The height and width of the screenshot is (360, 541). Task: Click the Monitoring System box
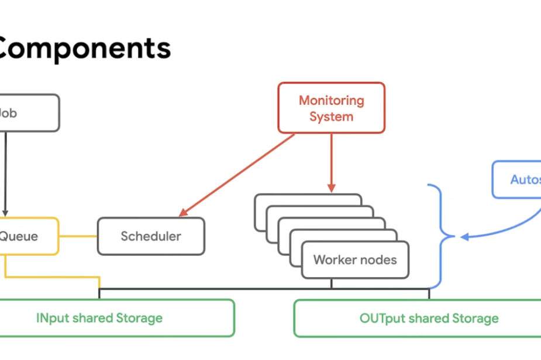click(x=331, y=108)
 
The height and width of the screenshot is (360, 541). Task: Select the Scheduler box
click(x=151, y=236)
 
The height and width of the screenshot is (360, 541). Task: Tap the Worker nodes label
click(x=355, y=260)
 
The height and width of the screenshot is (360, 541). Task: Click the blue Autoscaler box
click(x=518, y=179)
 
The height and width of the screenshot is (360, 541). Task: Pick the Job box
click(x=29, y=113)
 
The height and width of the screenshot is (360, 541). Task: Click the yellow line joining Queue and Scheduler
click(x=78, y=236)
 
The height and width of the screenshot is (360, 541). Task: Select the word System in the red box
click(x=331, y=117)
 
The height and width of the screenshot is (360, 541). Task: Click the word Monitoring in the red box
click(x=331, y=101)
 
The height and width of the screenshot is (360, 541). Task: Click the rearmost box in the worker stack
click(x=308, y=199)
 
